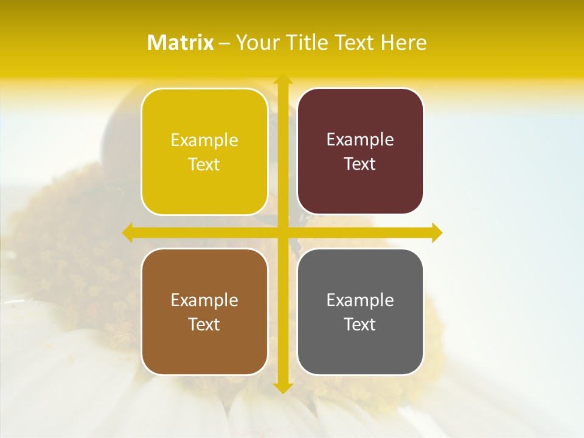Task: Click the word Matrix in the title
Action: point(181,43)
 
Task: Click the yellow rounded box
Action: point(204,151)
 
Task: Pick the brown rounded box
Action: point(204,311)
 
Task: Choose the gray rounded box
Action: point(360,311)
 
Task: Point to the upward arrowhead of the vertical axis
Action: point(282,79)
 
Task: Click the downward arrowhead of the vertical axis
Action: point(282,388)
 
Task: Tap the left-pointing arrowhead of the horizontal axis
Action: point(127,232)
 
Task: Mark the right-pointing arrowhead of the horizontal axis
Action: point(437,232)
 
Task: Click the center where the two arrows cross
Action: point(282,232)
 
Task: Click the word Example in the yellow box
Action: point(204,141)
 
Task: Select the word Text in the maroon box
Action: point(360,164)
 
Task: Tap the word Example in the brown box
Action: point(204,301)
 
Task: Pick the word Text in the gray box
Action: point(360,324)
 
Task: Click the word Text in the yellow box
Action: point(204,165)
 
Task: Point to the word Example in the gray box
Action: point(360,301)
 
